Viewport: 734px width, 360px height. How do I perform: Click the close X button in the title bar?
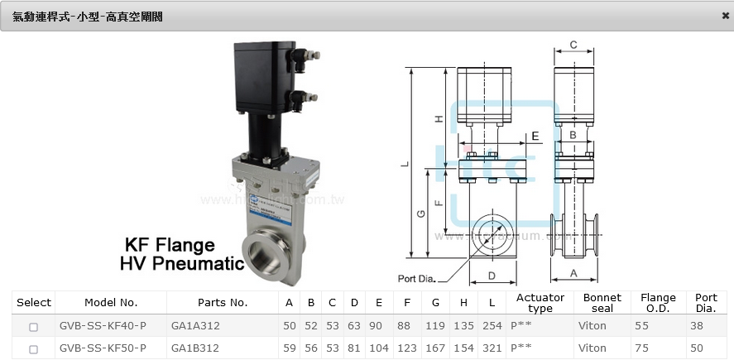725,16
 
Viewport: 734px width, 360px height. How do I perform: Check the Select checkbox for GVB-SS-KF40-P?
33,327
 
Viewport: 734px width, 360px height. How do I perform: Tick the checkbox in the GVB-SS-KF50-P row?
33,349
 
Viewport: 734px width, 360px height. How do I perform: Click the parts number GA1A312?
195,325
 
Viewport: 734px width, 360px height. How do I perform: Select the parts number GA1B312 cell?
195,348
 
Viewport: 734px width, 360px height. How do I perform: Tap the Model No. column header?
111,302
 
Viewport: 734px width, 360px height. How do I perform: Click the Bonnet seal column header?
602,303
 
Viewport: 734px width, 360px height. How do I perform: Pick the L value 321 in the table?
492,348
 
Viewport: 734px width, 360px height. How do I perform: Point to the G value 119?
435,325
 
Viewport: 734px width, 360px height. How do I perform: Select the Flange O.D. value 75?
642,348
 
